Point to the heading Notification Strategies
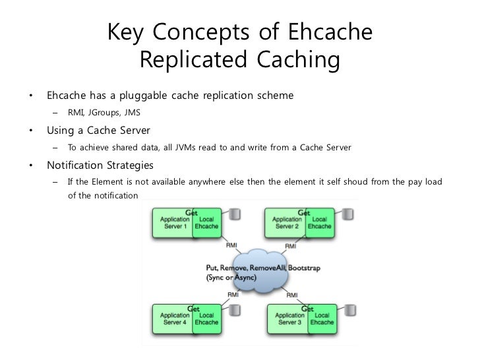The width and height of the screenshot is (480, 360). click(99, 164)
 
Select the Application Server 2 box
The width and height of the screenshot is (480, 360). click(286, 222)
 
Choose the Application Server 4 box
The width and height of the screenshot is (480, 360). click(172, 320)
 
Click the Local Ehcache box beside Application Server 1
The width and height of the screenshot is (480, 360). click(206, 222)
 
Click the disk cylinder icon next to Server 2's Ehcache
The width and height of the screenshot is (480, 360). click(348, 214)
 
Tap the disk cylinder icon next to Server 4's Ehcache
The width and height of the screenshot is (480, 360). click(234, 311)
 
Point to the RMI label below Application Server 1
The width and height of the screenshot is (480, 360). click(231, 246)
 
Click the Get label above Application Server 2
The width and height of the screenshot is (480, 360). click(304, 213)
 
